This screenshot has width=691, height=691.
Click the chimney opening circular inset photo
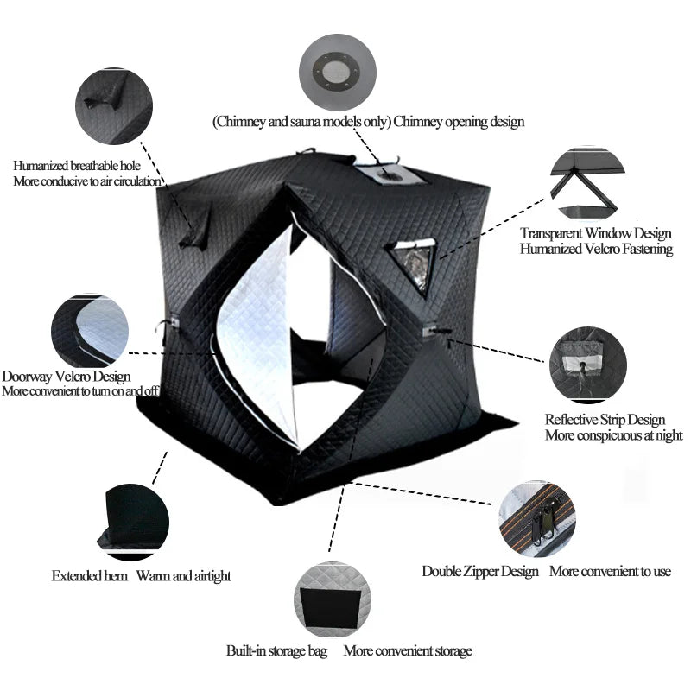(x=339, y=72)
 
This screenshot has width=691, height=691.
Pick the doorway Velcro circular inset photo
(x=90, y=331)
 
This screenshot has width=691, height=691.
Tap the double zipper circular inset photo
(x=536, y=518)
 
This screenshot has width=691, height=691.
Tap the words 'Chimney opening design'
(x=459, y=122)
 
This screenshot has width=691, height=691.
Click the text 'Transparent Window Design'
(x=595, y=233)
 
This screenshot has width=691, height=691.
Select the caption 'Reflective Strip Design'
(x=605, y=420)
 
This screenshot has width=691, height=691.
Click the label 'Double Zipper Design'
(x=480, y=571)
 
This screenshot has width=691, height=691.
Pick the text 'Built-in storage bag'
(x=276, y=650)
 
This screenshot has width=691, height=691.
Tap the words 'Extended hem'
(x=90, y=575)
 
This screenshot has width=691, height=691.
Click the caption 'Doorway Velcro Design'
(x=67, y=377)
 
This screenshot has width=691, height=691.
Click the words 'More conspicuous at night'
(x=613, y=435)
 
